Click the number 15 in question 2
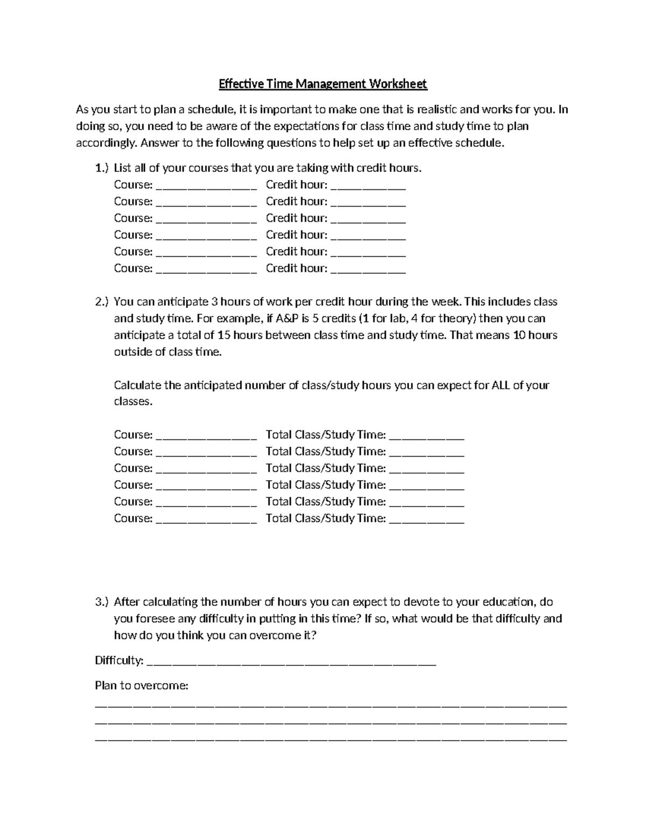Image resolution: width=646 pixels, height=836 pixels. click(x=224, y=335)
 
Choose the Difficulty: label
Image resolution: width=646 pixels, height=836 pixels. click(x=119, y=661)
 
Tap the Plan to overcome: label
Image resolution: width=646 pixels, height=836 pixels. click(x=142, y=686)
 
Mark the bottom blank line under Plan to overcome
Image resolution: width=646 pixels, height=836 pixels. click(x=331, y=741)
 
